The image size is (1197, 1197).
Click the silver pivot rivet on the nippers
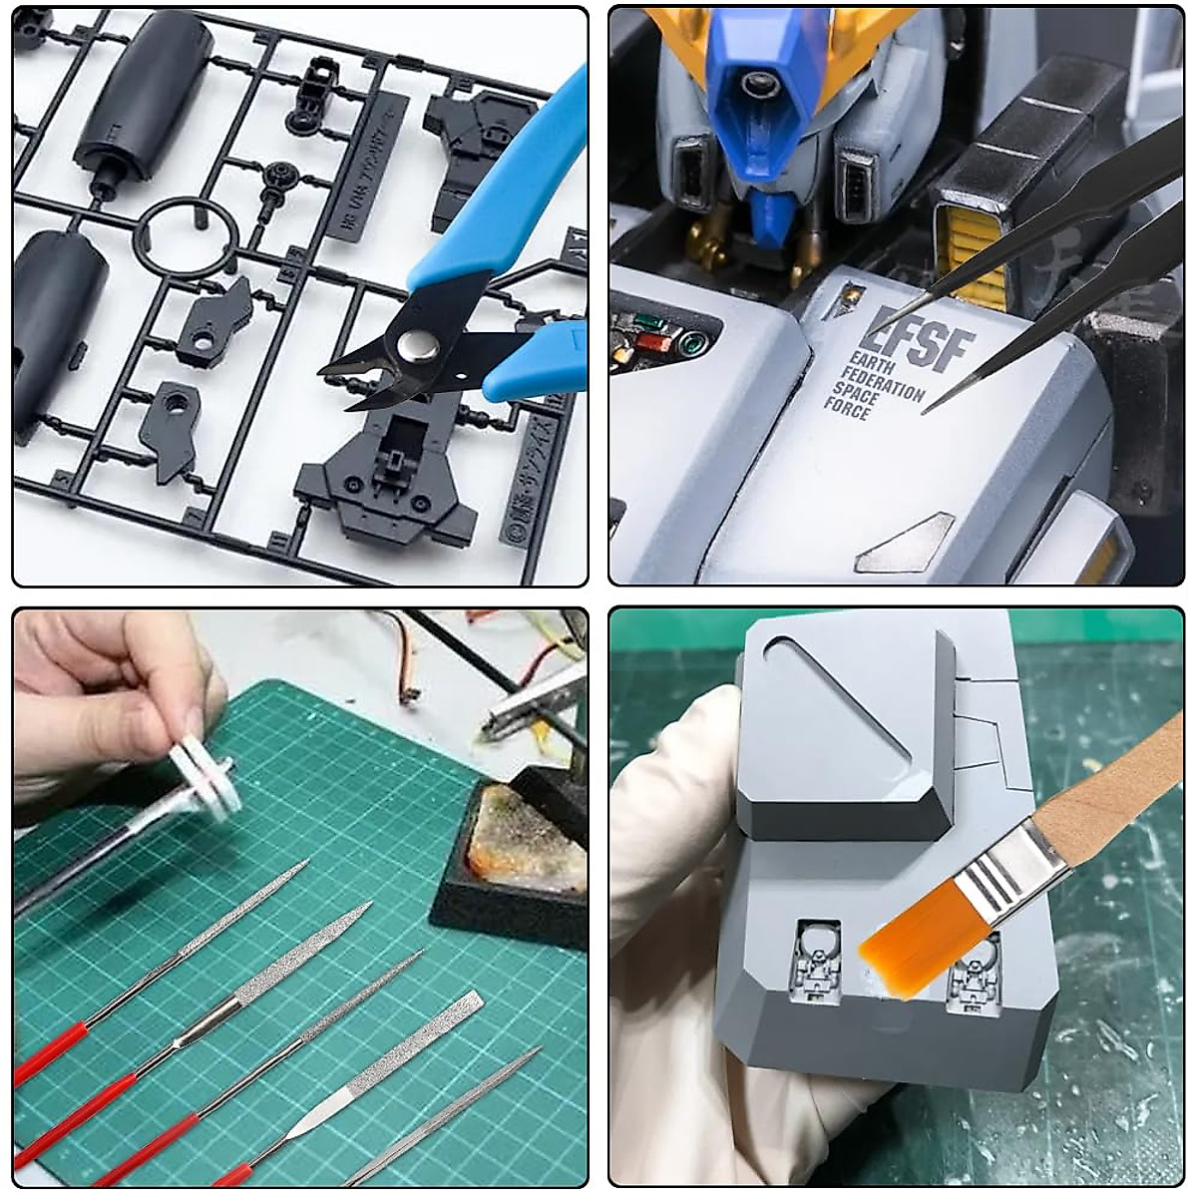point(414,347)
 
